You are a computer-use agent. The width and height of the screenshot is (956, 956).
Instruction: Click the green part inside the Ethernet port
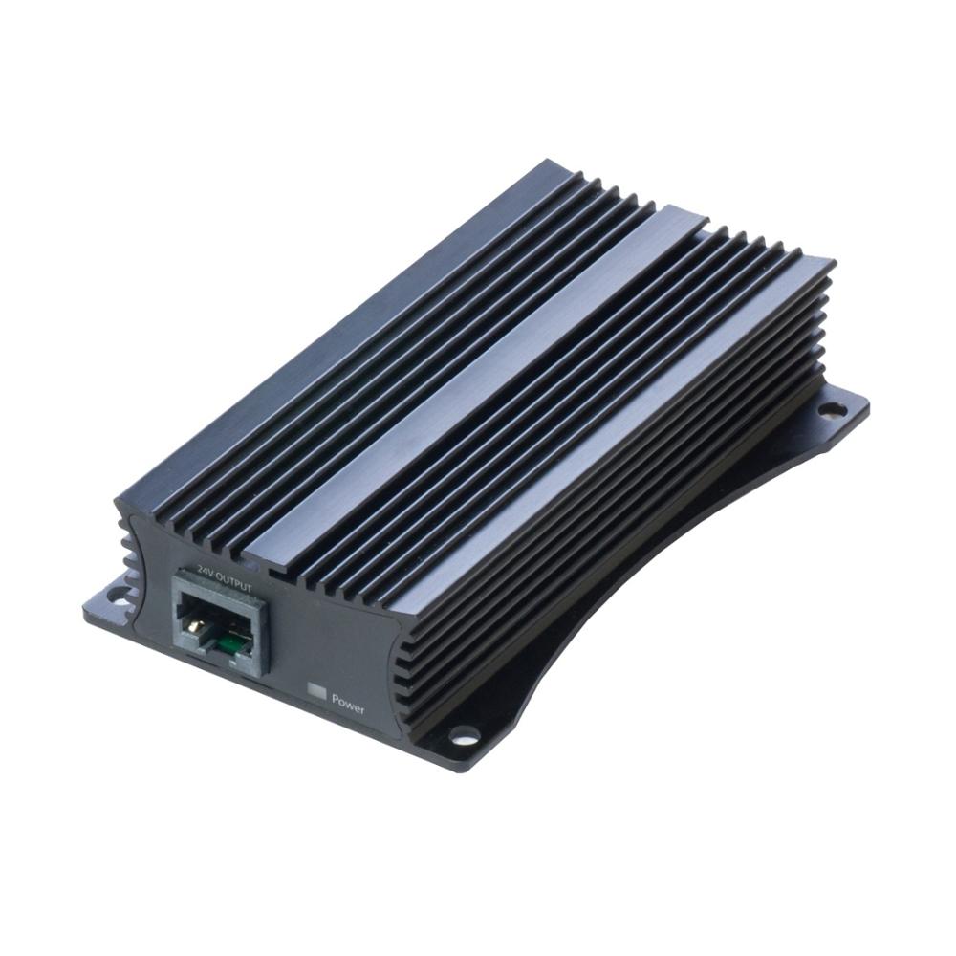229,642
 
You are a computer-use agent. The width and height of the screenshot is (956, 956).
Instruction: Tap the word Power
348,707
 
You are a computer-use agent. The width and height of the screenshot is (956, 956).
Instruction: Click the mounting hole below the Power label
465,735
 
